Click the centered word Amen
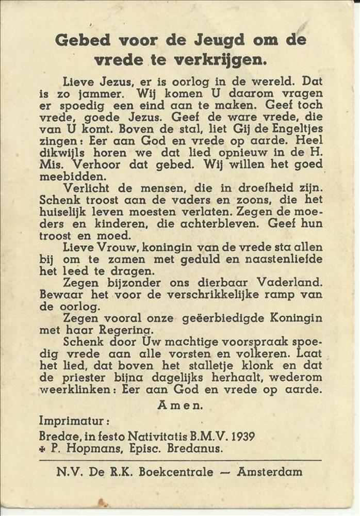pyautogui.click(x=180, y=406)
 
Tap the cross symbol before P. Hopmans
pyautogui.click(x=42, y=449)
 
